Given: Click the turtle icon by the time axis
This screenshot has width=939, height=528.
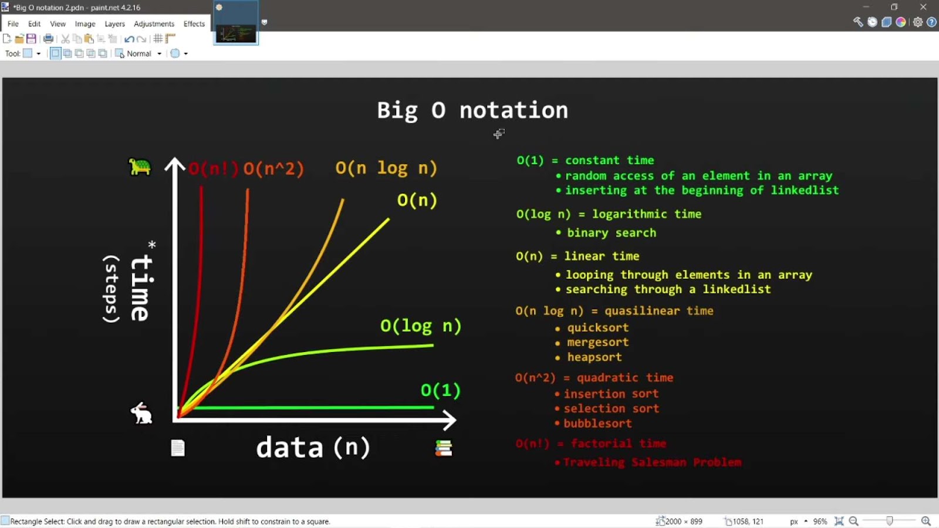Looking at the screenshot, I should tap(140, 167).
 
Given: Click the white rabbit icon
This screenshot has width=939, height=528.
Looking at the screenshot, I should tap(141, 413).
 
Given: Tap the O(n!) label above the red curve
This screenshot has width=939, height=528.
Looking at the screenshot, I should tap(214, 169).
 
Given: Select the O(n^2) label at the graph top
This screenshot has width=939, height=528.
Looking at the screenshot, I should tap(273, 169).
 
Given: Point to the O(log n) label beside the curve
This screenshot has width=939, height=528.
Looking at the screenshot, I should tap(420, 326).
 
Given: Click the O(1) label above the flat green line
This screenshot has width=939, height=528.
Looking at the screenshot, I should tap(440, 390).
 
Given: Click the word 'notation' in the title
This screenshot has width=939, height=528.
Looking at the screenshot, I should tap(514, 110).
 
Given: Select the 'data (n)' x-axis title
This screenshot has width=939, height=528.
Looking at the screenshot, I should tap(313, 448).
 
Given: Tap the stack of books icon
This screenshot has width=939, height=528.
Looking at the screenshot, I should tap(444, 448).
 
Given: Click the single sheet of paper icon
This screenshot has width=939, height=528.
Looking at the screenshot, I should tap(178, 448).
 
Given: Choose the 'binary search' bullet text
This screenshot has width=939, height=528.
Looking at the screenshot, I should tap(611, 233).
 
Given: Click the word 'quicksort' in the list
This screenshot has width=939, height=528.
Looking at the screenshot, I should tap(597, 328).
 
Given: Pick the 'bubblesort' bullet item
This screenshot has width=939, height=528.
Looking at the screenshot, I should tap(597, 424).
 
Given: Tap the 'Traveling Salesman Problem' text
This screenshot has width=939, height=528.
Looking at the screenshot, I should tap(652, 462).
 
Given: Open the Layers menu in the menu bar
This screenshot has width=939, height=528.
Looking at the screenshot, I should tap(114, 24).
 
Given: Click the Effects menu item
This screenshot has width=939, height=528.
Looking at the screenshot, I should tap(194, 24).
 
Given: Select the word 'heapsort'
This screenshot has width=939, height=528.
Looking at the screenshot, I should tap(594, 357).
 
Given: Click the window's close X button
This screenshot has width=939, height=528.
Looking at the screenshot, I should tap(923, 7).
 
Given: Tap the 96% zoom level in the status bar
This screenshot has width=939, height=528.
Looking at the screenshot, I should tap(820, 521).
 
